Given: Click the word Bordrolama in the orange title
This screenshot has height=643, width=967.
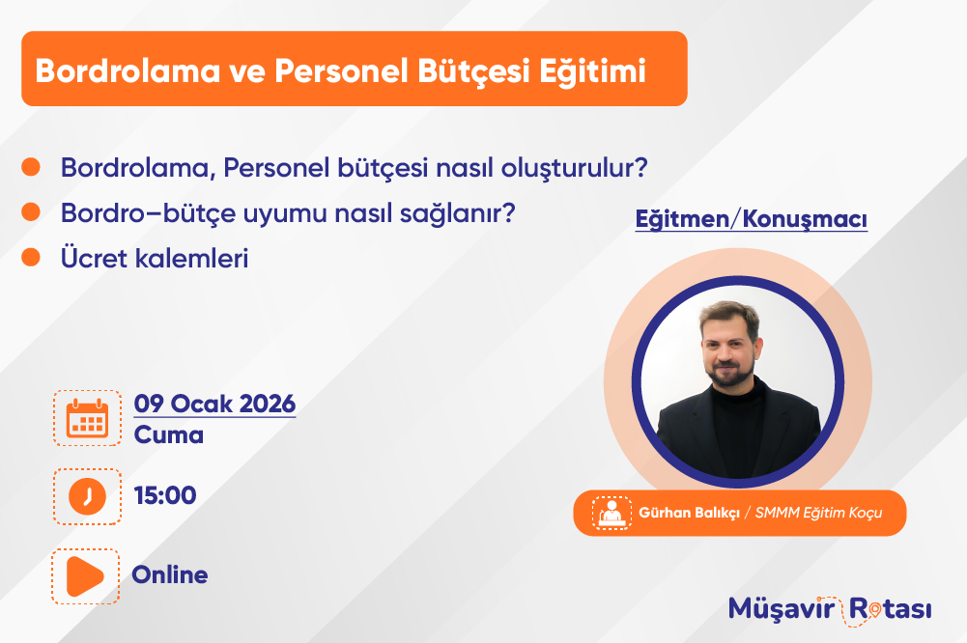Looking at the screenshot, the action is point(128,70).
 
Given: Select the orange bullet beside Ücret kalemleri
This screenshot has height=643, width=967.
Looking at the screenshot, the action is point(31,257).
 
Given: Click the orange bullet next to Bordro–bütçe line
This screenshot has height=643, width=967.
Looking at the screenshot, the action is point(31,212).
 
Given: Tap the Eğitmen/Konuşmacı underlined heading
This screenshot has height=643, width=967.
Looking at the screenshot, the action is point(752,219).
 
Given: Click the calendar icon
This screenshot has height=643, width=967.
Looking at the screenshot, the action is point(87,418).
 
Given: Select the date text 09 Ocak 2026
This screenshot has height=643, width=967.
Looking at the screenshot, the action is point(214,404).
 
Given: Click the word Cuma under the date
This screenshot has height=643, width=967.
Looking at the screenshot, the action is point(168,434).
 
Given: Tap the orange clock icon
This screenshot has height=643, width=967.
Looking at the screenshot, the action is point(87,496).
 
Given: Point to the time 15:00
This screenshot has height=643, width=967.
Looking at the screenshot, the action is point(165,495).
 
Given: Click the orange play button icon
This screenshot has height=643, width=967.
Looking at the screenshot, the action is point(84,576).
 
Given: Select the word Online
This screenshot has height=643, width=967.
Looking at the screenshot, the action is point(170,574).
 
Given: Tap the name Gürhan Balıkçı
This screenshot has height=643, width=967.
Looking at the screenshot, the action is point(689,513).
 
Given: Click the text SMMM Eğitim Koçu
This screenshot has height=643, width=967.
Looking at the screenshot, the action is point(818,513).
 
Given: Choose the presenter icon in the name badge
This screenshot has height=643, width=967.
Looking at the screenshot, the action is point(611,513).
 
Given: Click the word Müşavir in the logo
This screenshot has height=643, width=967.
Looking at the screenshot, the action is point(782,609).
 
